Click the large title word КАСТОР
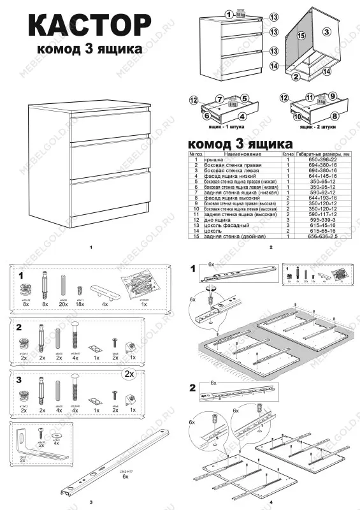point(89,27)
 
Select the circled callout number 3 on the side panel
point(326,30)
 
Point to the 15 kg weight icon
point(240,12)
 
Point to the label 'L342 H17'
point(125,472)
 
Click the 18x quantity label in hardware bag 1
point(81,305)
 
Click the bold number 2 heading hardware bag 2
point(20,326)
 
